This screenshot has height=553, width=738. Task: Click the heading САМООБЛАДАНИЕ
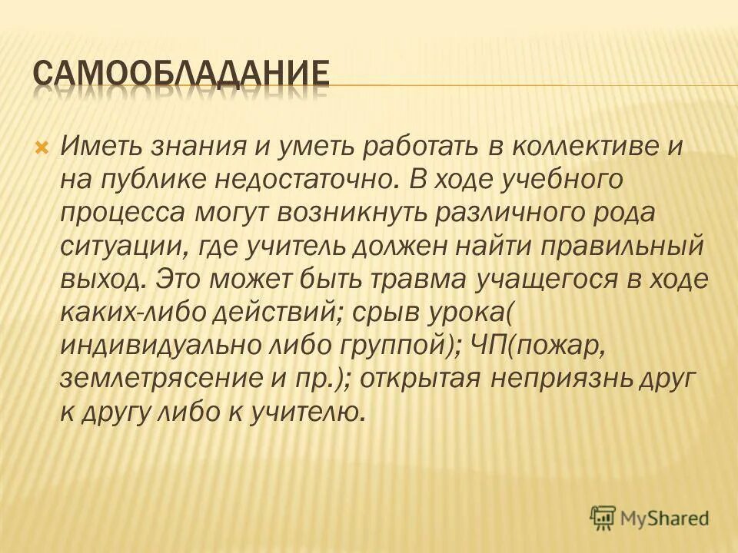[x=182, y=75]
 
